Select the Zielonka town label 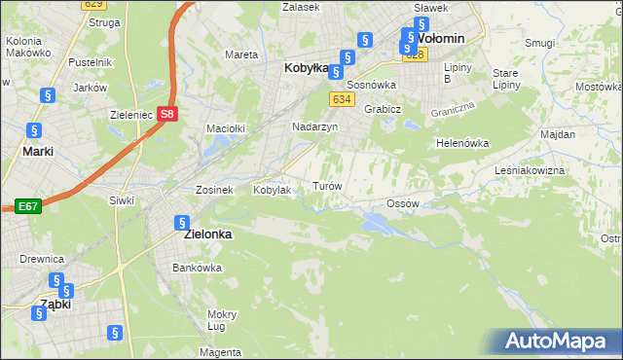tap(205, 234)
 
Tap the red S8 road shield tap(168, 113)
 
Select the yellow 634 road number tap(340, 99)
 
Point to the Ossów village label tap(402, 203)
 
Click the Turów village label tap(325, 185)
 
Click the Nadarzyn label tap(314, 126)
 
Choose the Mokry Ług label tap(222, 321)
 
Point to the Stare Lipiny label tap(504, 79)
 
